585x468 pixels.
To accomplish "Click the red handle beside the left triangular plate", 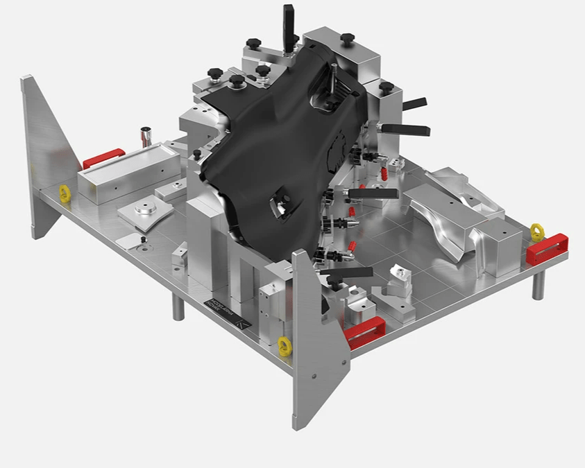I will click(103, 159).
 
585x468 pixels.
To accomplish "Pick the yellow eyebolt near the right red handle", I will click(536, 230).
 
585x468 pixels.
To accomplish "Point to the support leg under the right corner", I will click(539, 284).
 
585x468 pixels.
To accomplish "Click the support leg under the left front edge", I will click(178, 306).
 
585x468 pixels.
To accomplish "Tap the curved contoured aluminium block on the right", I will click(458, 215).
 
